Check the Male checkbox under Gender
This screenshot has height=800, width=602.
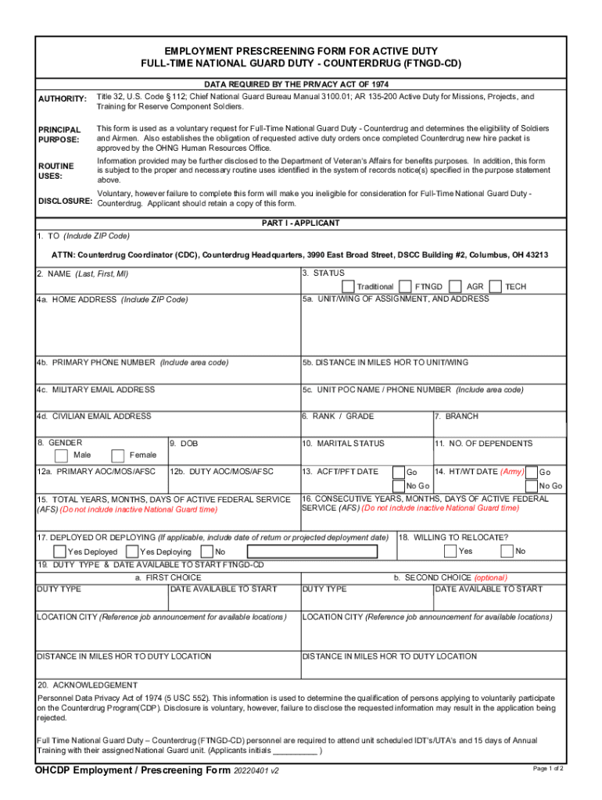(x=61, y=455)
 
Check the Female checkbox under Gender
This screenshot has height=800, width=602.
(x=118, y=455)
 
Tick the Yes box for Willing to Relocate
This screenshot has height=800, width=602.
(x=450, y=551)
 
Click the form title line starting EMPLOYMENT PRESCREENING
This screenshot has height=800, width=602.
(x=300, y=50)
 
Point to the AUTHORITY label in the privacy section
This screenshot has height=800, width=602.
(x=63, y=98)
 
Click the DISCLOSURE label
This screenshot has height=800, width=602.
(x=65, y=202)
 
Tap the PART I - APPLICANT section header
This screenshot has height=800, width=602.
(x=300, y=223)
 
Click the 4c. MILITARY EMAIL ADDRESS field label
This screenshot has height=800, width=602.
(x=95, y=390)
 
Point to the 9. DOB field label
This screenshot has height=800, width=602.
(x=184, y=444)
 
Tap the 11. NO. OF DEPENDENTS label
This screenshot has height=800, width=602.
(x=483, y=444)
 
